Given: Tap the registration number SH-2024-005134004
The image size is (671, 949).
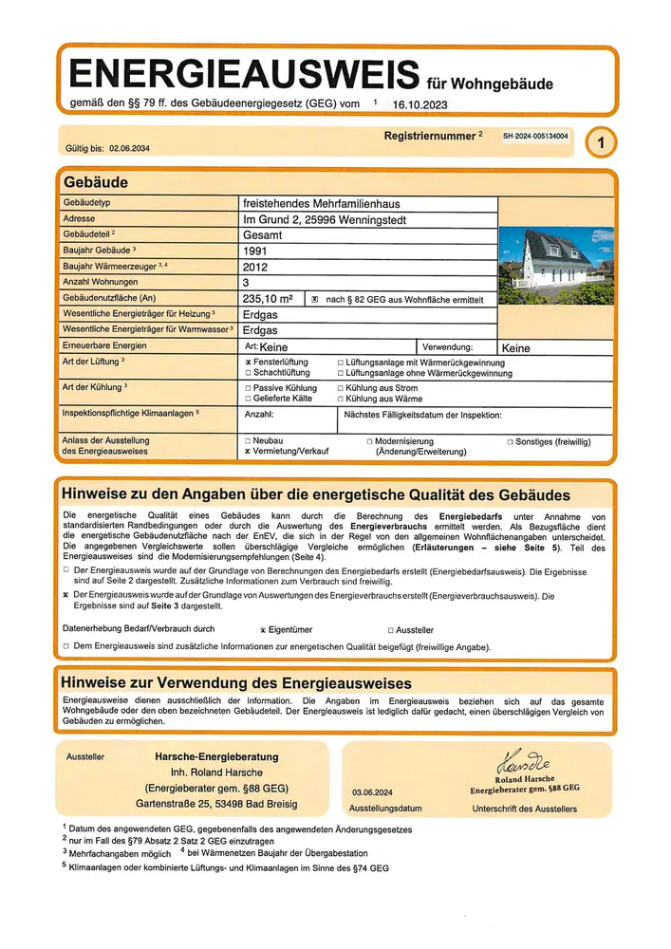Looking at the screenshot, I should pos(535,137).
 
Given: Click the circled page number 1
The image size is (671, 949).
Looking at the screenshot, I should pos(600,143).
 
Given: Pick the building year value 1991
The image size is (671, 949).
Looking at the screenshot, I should pos(257,251).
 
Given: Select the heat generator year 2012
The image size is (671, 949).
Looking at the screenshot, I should pos(257,267).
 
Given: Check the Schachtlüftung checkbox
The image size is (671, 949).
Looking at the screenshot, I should pos(248,374).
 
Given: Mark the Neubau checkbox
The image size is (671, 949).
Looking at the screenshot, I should pos(248,441).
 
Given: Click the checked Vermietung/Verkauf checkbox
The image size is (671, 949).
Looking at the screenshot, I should pos(248,452).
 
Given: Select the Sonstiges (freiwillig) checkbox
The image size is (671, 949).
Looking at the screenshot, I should pos(510,441).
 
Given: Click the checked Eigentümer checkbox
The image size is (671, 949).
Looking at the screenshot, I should pos(263,629).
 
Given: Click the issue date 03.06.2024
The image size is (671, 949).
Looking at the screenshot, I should pos(372,790).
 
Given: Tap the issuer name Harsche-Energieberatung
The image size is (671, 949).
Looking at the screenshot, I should pos(216,756).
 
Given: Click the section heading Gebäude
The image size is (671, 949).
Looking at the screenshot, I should pos(95,181).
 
